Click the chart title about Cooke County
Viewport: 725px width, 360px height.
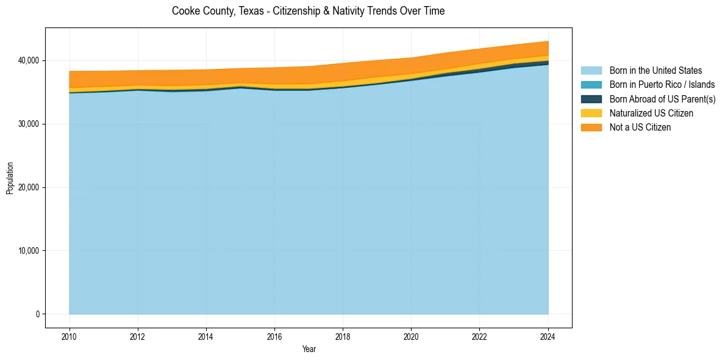(308, 11)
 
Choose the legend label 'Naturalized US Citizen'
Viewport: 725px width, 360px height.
(651, 113)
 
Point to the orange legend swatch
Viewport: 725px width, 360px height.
(591, 127)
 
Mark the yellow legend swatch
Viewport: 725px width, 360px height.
(591, 113)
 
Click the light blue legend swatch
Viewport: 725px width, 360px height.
(591, 71)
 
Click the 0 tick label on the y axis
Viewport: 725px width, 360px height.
(37, 314)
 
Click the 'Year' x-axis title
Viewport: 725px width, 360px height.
(309, 349)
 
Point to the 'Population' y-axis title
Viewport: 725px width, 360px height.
(10, 178)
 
